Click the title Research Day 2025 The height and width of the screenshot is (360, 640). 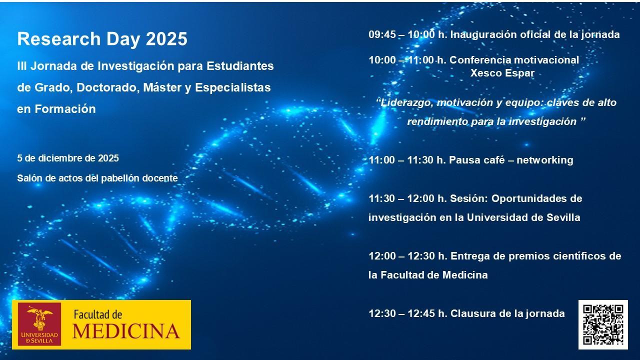click(x=102, y=39)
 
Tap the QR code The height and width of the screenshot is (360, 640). click(x=603, y=324)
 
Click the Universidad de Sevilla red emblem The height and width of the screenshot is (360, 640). click(x=39, y=324)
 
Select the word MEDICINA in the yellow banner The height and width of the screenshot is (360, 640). click(x=126, y=331)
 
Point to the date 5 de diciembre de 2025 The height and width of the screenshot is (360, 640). click(x=68, y=158)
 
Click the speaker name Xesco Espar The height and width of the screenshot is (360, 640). click(x=502, y=73)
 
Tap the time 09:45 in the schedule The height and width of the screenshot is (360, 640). click(x=382, y=34)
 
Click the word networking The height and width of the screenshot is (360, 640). click(x=545, y=160)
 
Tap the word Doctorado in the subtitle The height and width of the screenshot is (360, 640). click(x=108, y=87)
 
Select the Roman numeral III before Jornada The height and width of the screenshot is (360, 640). click(x=21, y=66)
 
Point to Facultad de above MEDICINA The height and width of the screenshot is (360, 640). click(x=98, y=314)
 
